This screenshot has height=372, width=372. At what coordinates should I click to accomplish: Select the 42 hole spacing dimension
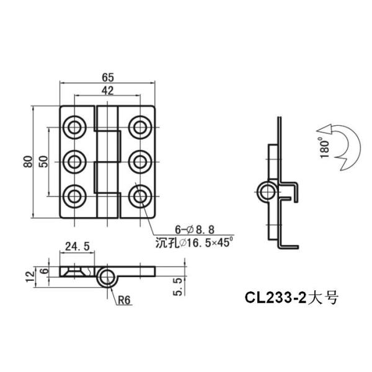(x=107, y=91)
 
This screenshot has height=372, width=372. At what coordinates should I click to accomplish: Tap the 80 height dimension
(x=28, y=162)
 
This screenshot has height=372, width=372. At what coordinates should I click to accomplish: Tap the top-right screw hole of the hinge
(x=139, y=128)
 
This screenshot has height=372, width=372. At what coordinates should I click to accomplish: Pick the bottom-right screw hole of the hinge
(x=139, y=196)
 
